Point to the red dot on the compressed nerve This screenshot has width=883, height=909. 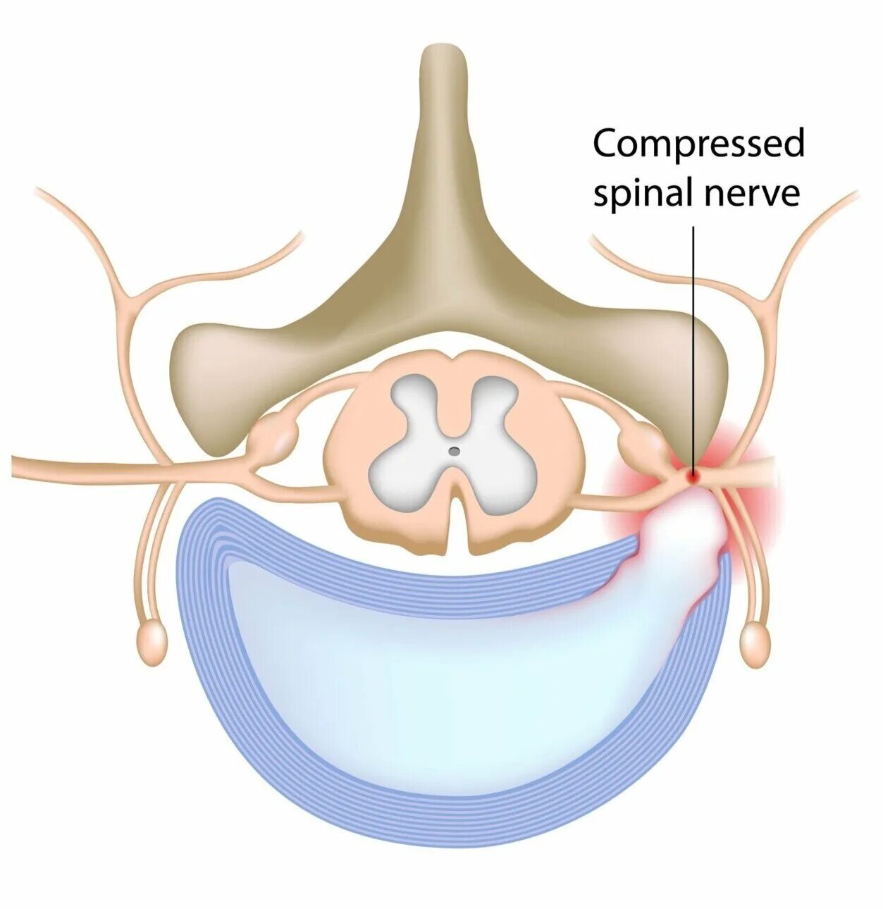click(693, 476)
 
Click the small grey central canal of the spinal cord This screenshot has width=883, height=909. click(455, 450)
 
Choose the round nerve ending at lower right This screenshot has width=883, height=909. click(755, 643)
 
